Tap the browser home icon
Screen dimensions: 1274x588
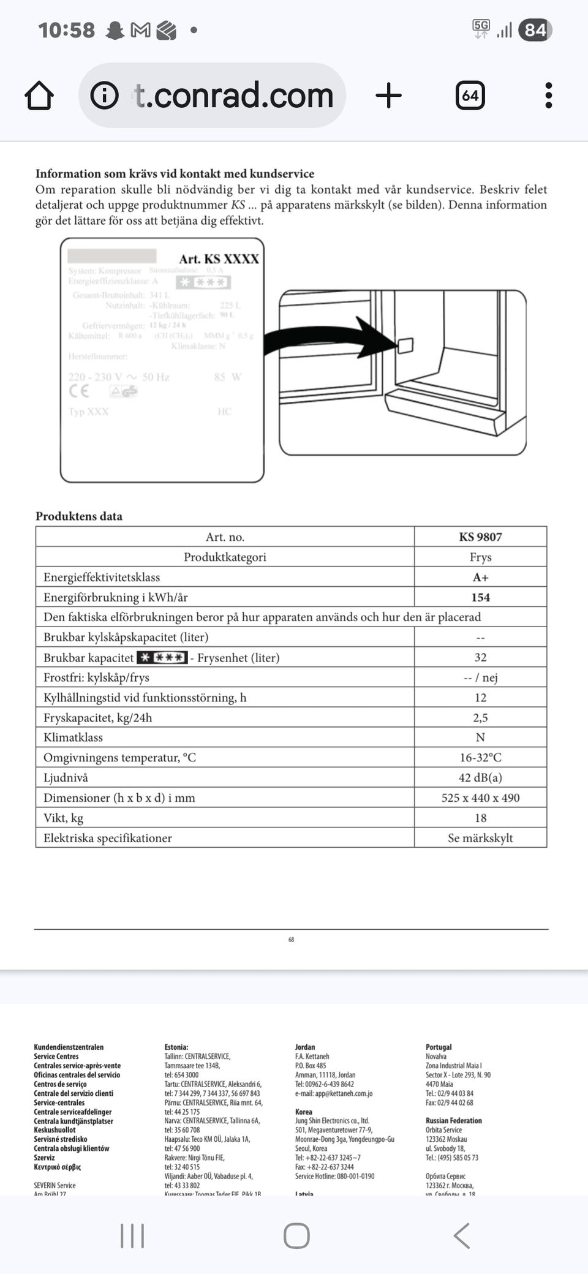point(39,96)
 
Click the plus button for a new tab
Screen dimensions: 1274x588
point(388,96)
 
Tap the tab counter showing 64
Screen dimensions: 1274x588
point(470,96)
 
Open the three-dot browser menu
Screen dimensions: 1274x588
point(548,96)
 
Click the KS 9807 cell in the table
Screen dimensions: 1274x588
point(480,537)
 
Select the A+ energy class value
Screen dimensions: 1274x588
point(480,578)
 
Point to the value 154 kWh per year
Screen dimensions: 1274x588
point(480,598)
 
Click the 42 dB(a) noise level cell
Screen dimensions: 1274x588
point(480,778)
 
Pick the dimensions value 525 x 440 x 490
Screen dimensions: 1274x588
point(480,798)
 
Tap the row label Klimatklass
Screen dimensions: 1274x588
point(73,737)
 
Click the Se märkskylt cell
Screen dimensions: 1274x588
point(480,838)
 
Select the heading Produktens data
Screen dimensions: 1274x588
point(79,516)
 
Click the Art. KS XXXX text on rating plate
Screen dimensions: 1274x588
point(219,259)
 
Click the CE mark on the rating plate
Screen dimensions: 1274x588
point(79,391)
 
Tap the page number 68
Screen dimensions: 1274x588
point(291,940)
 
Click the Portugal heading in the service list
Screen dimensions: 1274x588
point(439,1047)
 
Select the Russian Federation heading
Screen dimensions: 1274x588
point(453,1120)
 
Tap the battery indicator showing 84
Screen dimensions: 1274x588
point(535,29)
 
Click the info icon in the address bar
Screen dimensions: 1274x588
point(104,96)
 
